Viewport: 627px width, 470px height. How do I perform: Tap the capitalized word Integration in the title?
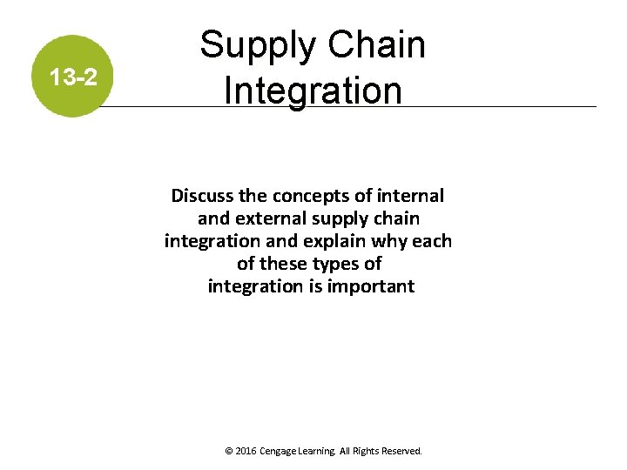pos(313,90)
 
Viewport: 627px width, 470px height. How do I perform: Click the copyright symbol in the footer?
pos(229,452)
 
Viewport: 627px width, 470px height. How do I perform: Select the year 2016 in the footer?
pos(246,452)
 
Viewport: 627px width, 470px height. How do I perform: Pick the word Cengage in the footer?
pos(280,452)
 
